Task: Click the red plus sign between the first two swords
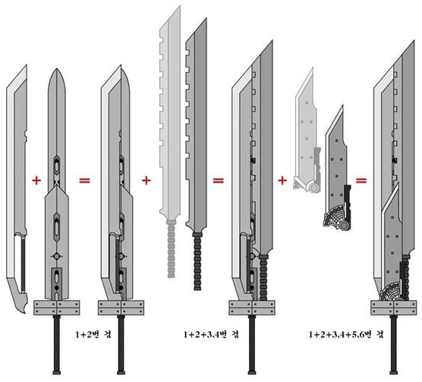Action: pos(35,180)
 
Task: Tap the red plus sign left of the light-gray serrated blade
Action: pos(146,180)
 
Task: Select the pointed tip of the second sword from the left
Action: pos(59,70)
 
